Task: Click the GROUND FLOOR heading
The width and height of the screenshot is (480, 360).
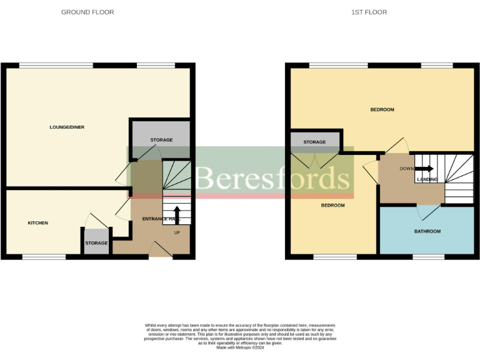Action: pos(87,12)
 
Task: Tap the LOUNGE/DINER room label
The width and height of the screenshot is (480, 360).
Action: pos(67,127)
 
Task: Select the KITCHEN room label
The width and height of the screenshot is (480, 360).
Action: pos(37,223)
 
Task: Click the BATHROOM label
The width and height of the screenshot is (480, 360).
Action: pos(427,232)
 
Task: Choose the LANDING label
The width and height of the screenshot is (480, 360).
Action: pos(427,180)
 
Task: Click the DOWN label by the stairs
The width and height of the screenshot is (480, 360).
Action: pos(406,169)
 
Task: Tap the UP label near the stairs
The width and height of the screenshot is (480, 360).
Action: pos(177,232)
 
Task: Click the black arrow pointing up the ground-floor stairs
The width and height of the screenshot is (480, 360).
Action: pos(177,214)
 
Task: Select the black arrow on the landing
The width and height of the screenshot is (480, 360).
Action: pos(425,169)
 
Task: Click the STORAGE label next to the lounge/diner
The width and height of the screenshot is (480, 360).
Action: pos(161,140)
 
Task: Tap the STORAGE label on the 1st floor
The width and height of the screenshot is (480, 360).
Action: pos(314,142)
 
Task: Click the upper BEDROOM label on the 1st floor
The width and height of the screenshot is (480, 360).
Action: pos(382,110)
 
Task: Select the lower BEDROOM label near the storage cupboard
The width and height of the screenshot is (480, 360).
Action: pos(332,206)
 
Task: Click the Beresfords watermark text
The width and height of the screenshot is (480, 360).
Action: pos(272,178)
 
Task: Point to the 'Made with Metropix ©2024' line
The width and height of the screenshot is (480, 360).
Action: pos(240,347)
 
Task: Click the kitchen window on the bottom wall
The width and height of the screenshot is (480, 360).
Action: pos(44,256)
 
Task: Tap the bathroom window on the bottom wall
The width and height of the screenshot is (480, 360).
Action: pos(428,256)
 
